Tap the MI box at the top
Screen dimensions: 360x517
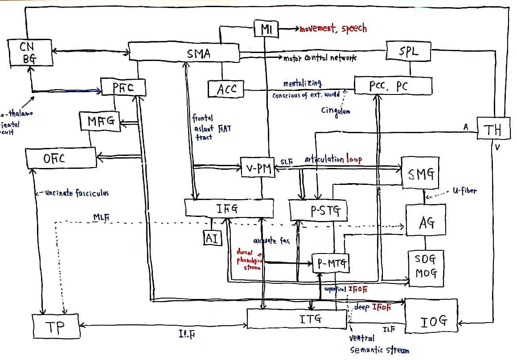point(266,29)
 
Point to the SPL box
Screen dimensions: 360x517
point(408,51)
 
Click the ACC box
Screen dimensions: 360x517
point(226,89)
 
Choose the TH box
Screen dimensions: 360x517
point(492,129)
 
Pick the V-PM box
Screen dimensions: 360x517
point(258,168)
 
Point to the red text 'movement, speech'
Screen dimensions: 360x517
point(333,29)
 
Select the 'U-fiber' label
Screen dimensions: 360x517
point(464,191)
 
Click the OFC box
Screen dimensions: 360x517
point(61,158)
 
